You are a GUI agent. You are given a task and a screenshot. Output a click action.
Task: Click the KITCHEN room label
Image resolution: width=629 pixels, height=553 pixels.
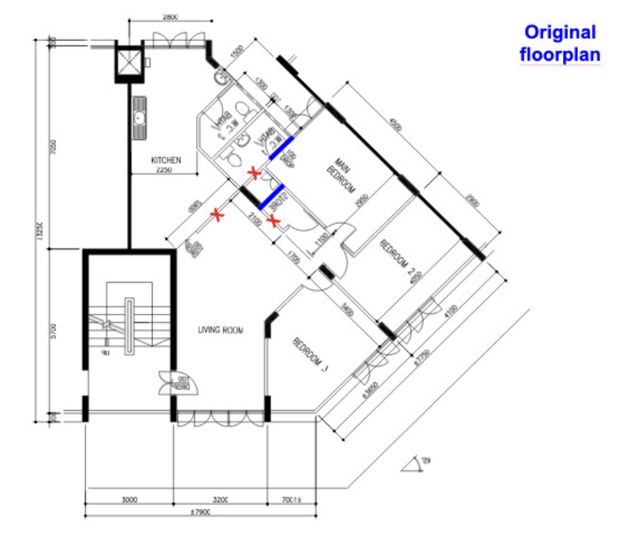166,160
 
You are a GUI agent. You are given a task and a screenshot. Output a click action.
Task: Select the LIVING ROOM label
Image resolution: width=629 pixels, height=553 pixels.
220,330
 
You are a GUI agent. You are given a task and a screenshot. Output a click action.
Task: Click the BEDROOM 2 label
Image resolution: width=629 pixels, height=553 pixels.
400,258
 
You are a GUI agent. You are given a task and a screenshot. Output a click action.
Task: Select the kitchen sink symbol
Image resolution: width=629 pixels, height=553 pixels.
139,118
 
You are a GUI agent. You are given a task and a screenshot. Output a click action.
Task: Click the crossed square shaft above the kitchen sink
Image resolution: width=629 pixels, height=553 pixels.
127,63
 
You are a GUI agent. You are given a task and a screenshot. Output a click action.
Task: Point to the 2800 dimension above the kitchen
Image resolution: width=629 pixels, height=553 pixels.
170,16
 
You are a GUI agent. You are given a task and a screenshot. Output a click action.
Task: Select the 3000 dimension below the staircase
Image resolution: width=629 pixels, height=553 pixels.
128,500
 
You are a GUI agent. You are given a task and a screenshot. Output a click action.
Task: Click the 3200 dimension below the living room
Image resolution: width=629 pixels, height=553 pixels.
220,500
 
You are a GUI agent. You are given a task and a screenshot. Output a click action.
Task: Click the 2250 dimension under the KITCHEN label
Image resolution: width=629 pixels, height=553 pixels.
166,170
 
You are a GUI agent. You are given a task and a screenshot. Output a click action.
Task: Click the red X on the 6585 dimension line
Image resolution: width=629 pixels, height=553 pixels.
220,217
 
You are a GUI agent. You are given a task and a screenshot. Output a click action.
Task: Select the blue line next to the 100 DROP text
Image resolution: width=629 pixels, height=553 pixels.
281,149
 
